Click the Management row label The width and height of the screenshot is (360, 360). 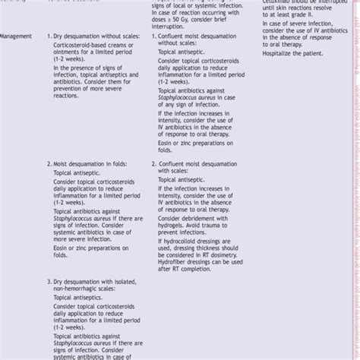click(x=16, y=36)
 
